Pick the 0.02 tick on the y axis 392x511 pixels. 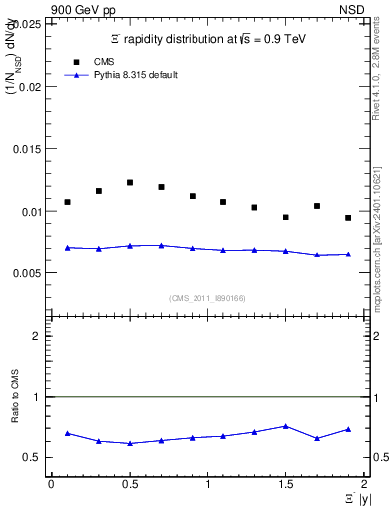pos(30,87)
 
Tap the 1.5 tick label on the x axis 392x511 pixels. pos(285,484)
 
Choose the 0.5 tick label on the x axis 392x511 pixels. pos(129,484)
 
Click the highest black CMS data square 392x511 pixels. pos(130,182)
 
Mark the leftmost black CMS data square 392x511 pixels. pos(67,202)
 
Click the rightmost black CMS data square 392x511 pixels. pos(348,218)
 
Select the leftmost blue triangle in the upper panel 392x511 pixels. pos(67,247)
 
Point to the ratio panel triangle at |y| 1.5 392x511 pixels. pos(285,426)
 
